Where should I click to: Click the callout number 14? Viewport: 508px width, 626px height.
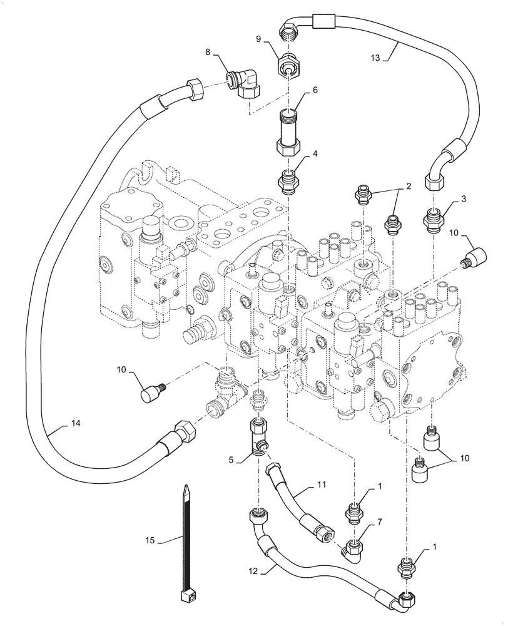click(x=76, y=423)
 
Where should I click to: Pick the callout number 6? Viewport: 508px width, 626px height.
click(x=315, y=90)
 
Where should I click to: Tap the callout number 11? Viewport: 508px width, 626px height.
click(x=321, y=485)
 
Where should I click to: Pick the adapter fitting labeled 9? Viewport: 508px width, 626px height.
click(x=288, y=64)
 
